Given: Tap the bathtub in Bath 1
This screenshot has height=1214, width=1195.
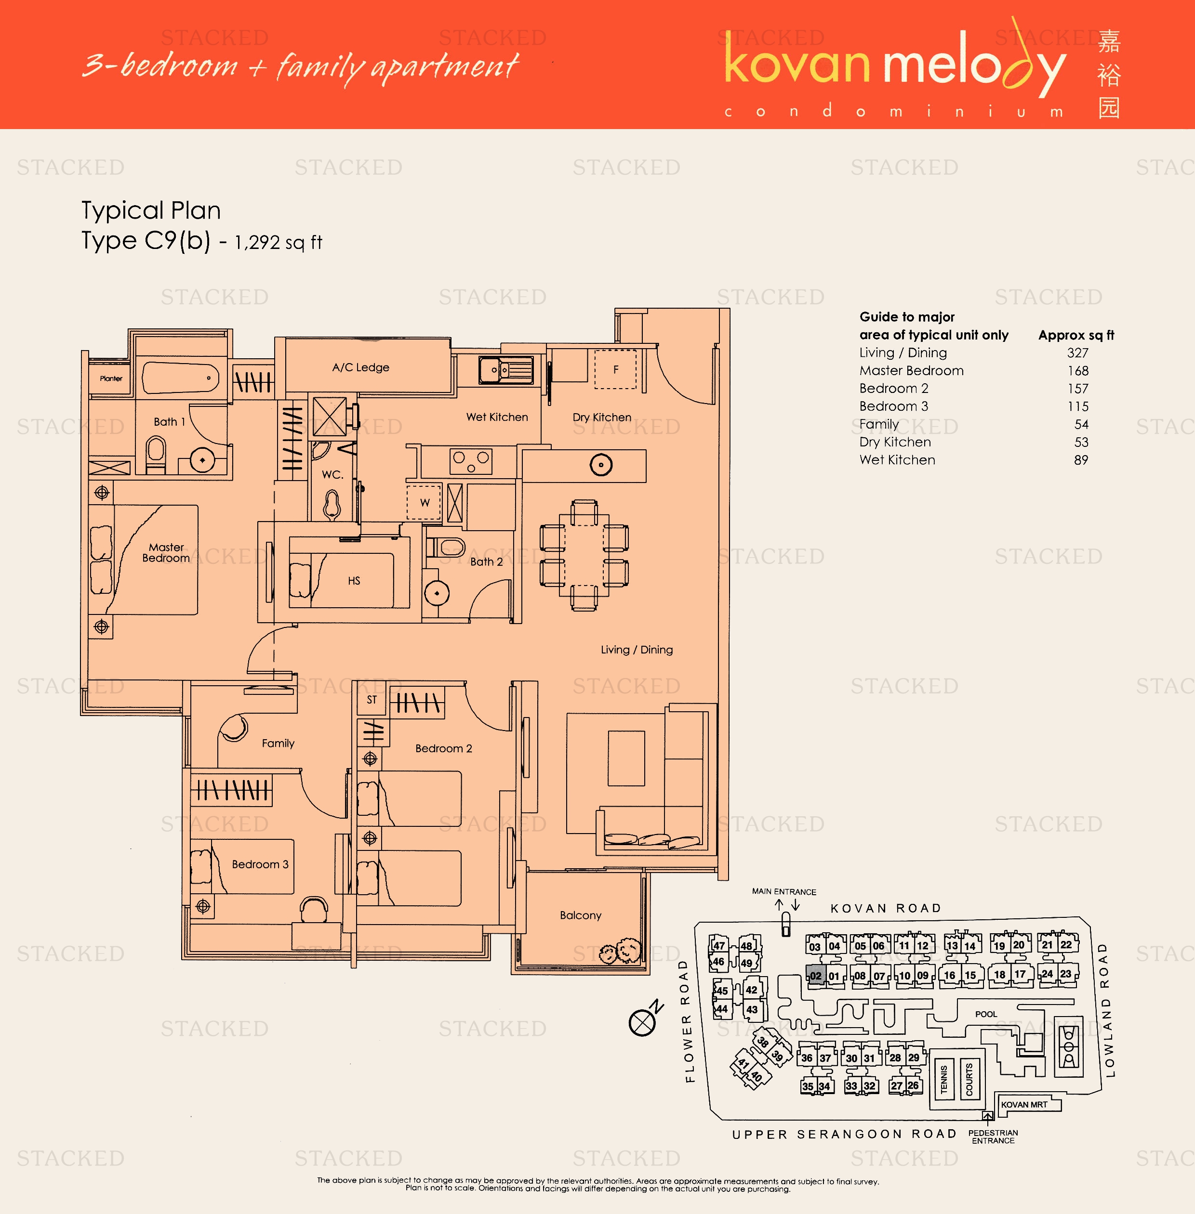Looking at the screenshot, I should click(x=180, y=378).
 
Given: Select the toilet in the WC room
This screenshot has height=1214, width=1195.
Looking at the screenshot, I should click(x=332, y=504).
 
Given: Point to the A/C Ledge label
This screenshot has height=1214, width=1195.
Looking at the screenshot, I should click(x=360, y=367).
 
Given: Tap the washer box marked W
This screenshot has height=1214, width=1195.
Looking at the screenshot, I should click(x=425, y=503).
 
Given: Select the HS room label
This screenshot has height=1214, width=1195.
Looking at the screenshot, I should click(x=354, y=581).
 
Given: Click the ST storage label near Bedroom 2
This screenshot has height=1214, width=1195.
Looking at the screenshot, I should click(x=372, y=700).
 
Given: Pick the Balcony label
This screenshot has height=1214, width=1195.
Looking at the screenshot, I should click(x=580, y=915).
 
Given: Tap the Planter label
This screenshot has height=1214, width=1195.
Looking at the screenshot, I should click(x=111, y=379).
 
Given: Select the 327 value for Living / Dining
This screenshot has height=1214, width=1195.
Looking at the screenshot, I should click(x=1077, y=353).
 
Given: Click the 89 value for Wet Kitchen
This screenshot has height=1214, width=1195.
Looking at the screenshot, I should click(x=1080, y=460).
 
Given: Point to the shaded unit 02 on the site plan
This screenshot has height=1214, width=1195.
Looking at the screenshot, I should click(x=815, y=976).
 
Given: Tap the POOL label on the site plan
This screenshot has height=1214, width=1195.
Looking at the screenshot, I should click(x=985, y=1014).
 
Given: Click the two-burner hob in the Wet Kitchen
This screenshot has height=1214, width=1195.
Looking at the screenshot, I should click(x=471, y=461).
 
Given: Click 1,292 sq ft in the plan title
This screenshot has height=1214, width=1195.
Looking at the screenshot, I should click(x=278, y=243).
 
